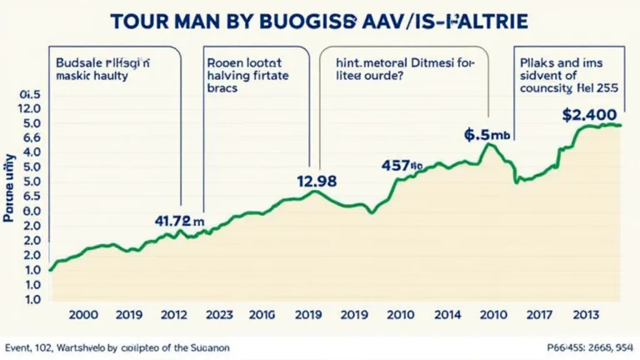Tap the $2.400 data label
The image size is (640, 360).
[x=590, y=115]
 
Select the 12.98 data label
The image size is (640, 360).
[x=317, y=180]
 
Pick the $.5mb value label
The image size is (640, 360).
[x=487, y=133]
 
